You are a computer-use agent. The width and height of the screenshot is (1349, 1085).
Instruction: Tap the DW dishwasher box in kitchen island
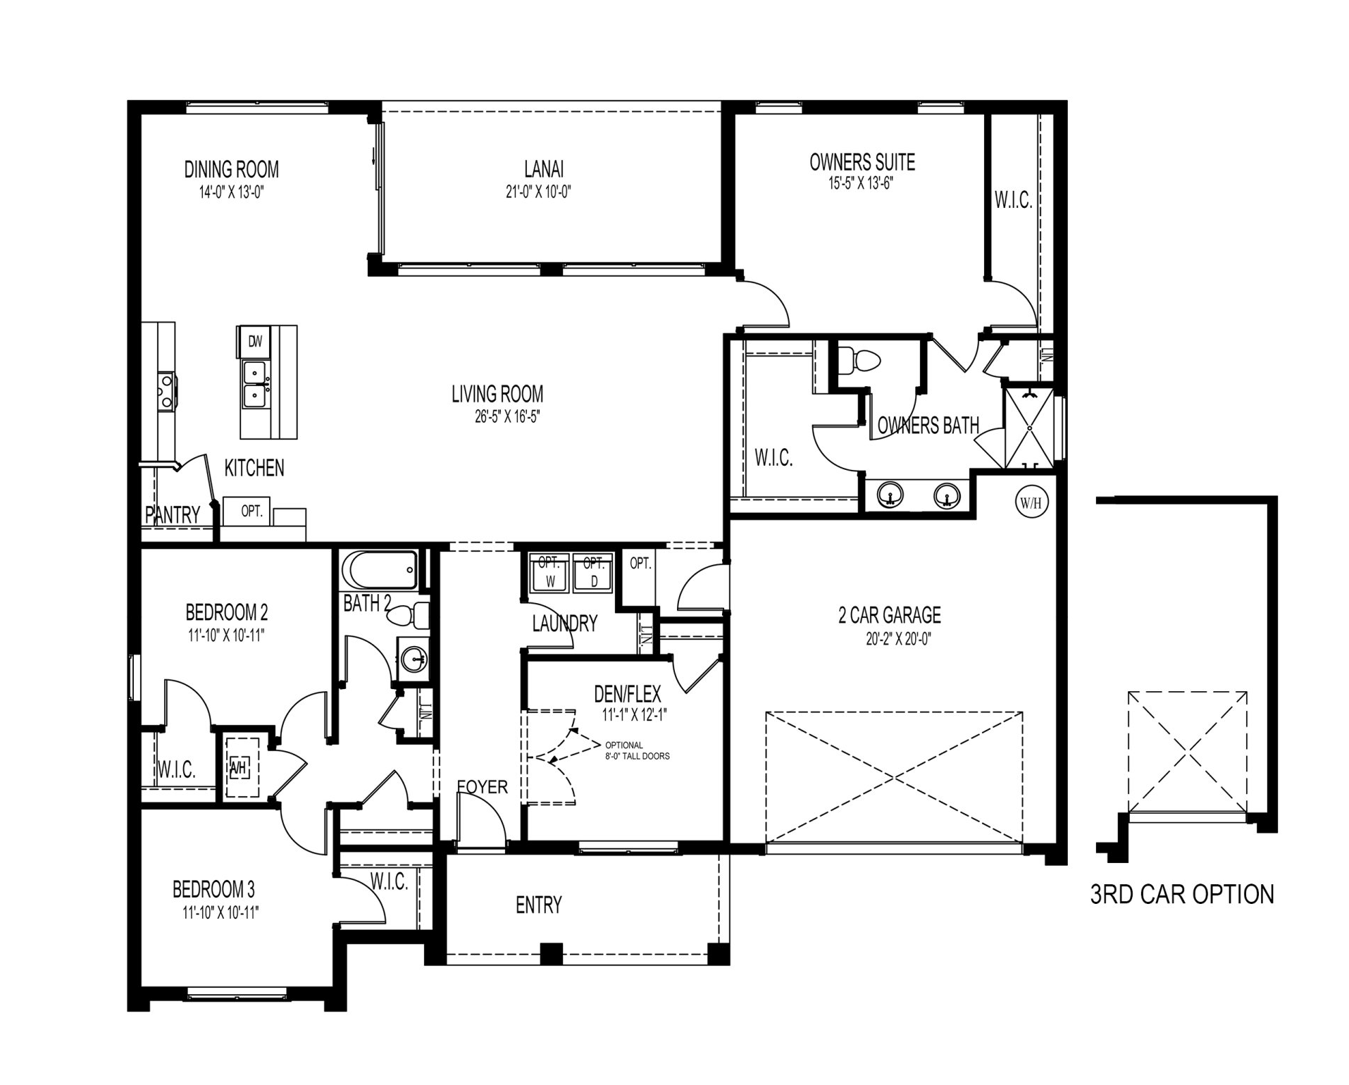[254, 342]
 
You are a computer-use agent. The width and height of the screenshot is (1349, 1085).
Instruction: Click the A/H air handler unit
[240, 768]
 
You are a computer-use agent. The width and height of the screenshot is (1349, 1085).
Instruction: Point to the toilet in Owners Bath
[859, 359]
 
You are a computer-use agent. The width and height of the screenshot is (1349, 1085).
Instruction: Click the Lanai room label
[544, 169]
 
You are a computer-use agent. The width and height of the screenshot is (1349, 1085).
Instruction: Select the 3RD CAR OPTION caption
[1182, 894]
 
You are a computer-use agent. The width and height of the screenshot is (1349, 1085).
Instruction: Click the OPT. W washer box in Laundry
[550, 571]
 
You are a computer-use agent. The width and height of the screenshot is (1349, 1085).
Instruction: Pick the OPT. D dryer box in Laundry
[594, 571]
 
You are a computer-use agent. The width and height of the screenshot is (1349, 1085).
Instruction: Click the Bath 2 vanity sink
[414, 659]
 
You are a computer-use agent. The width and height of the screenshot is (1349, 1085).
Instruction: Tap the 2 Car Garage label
[890, 615]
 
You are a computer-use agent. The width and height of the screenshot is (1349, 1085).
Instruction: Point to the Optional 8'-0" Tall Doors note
[637, 750]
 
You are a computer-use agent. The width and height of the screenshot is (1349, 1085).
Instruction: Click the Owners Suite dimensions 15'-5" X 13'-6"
[862, 184]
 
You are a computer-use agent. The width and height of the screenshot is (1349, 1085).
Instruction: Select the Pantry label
[173, 515]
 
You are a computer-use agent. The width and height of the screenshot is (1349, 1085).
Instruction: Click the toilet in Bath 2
[412, 616]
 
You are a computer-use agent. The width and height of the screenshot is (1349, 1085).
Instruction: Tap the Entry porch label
[539, 905]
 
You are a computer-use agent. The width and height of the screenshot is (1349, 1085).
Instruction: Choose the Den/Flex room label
[628, 694]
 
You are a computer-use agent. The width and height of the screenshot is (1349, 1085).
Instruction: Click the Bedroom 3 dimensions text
[221, 913]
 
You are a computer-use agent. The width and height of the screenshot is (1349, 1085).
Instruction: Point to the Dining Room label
[232, 169]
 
